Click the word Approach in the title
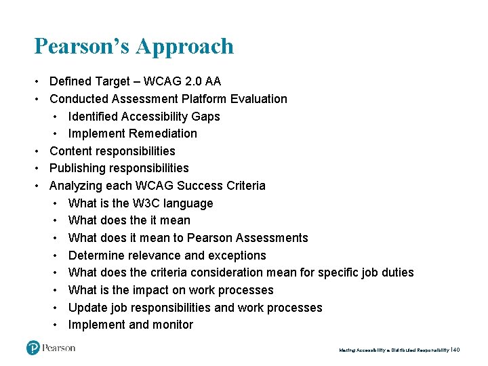coord(184,47)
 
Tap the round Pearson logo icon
coord(34,348)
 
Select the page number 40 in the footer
coord(456,350)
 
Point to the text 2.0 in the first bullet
coord(184,81)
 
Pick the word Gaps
coord(206,117)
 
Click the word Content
coord(71,151)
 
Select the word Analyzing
coord(77,186)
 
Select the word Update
coord(86,308)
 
